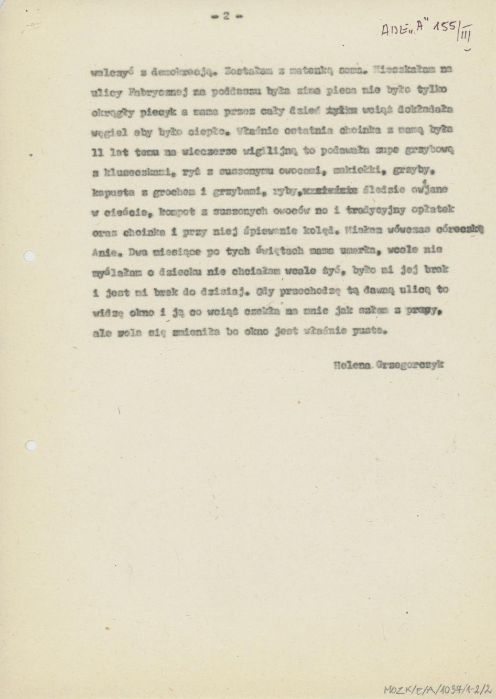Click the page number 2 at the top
(x=227, y=16)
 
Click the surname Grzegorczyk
(x=411, y=364)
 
